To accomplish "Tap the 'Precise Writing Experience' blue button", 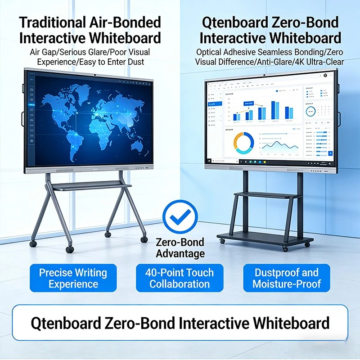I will (73, 279).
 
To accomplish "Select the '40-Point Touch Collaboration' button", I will (180, 279).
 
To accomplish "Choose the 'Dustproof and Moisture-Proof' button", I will (287, 279).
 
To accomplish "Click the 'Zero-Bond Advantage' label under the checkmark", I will (180, 247).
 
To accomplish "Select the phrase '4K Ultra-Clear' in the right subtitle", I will (317, 61).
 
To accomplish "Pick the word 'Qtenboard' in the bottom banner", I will (68, 323).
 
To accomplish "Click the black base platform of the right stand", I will (265, 238).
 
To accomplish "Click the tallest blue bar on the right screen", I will (274, 110).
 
